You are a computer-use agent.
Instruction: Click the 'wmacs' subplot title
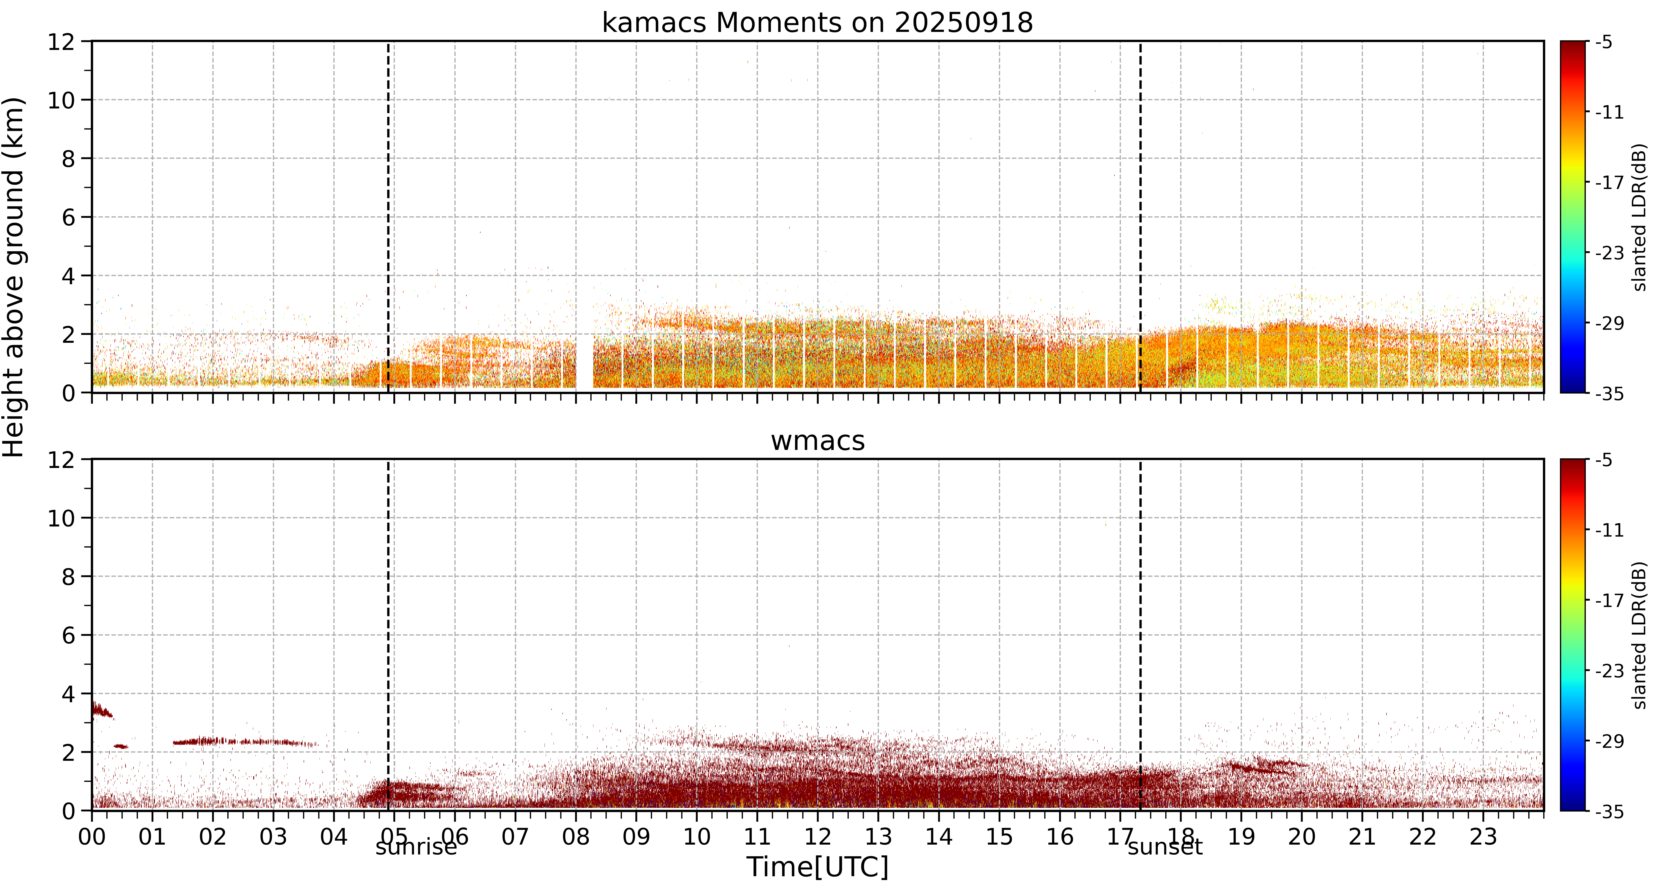[x=817, y=441]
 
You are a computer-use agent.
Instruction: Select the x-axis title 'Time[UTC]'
[x=817, y=867]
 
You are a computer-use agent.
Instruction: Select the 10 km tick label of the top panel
[x=61, y=100]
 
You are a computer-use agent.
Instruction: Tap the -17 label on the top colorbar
[x=1609, y=182]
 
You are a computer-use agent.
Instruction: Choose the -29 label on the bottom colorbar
[x=1609, y=741]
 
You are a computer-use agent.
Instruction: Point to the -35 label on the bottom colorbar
[x=1609, y=811]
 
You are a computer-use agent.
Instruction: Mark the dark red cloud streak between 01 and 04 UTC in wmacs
[x=245, y=742]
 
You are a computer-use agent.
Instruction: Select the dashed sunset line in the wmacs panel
[x=1140, y=635]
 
